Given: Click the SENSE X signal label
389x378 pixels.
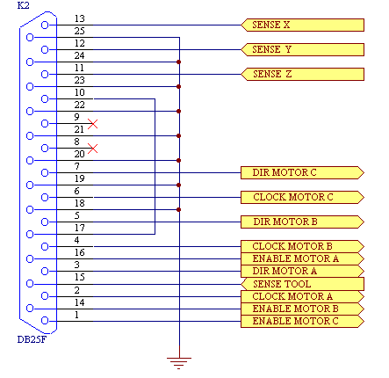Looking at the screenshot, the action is coord(302,25).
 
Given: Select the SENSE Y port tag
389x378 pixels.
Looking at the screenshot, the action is coord(302,49).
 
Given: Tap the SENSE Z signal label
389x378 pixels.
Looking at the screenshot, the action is coord(302,74).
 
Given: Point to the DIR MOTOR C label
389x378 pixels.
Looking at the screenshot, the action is coord(302,172).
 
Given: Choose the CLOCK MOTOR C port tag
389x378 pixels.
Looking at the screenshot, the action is coord(302,197).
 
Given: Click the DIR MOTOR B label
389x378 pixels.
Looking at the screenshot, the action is coord(302,222).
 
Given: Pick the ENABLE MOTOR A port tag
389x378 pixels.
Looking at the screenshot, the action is coord(302,258).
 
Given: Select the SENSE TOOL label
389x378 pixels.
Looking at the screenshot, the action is coord(302,284).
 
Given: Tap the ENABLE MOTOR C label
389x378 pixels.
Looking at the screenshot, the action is coord(302,321).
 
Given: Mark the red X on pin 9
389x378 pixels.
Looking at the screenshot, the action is coord(93,124).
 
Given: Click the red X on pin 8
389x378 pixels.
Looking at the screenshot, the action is coord(93,149).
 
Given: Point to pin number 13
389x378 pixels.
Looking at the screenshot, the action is coord(79,18).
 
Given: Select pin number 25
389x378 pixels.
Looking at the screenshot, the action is coord(79,31).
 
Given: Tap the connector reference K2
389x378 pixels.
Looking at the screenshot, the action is coord(24,5).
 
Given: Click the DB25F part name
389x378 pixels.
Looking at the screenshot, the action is coord(32,339).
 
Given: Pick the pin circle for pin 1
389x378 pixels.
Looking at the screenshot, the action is coord(45,321).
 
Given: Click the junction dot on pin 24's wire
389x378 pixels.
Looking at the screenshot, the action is coord(179,62).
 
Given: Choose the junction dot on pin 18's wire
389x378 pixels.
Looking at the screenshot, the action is coord(179,210).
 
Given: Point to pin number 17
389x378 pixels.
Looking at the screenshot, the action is coord(80,228).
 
